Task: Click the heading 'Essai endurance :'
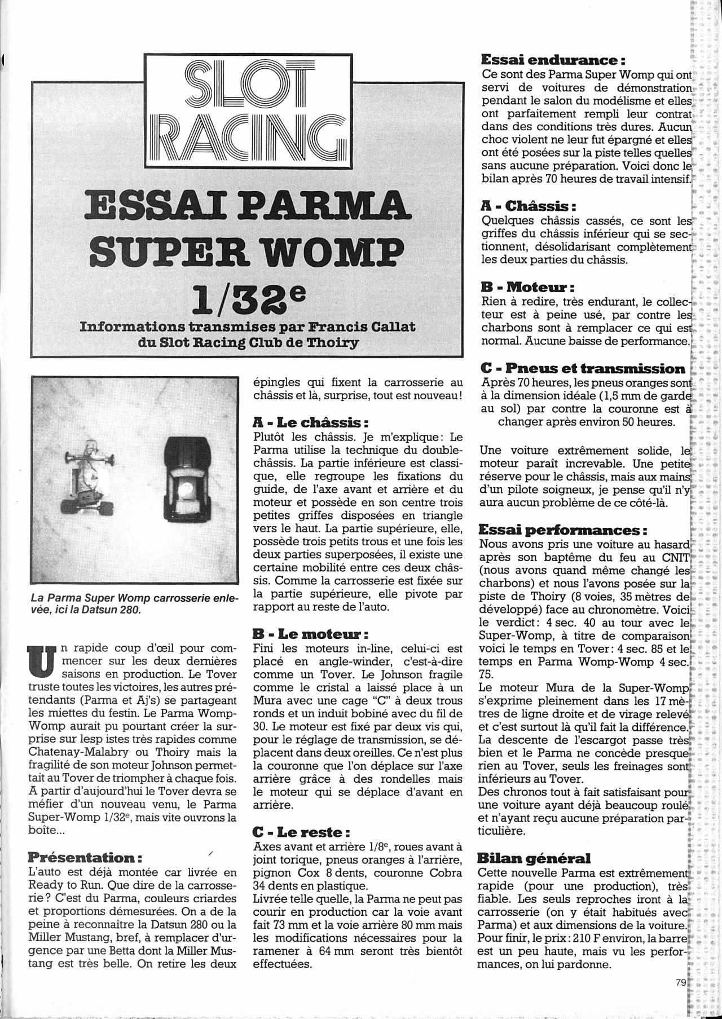pos(554,60)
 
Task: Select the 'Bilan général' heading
pos(534,858)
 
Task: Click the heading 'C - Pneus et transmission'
pos(583,369)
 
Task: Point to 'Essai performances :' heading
pos(562,531)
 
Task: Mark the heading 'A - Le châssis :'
pos(311,422)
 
